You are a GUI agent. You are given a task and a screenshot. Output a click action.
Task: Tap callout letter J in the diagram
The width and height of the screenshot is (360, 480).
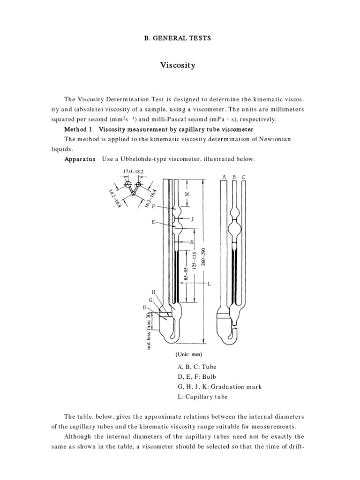click(x=192, y=219)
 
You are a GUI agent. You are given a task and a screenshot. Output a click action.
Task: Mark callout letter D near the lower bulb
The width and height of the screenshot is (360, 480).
click(x=145, y=307)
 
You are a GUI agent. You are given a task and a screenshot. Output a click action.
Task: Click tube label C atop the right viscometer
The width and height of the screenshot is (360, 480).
click(x=243, y=177)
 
